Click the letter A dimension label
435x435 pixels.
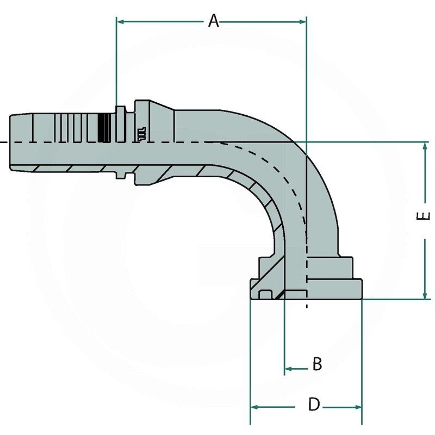(x=214, y=21)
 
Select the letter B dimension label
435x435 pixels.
(x=317, y=364)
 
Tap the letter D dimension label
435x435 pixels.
(x=314, y=405)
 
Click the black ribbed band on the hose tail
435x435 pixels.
(x=103, y=128)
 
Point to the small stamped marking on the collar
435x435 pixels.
(x=140, y=133)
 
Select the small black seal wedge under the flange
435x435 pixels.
(x=279, y=295)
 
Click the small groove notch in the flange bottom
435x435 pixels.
(x=265, y=295)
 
